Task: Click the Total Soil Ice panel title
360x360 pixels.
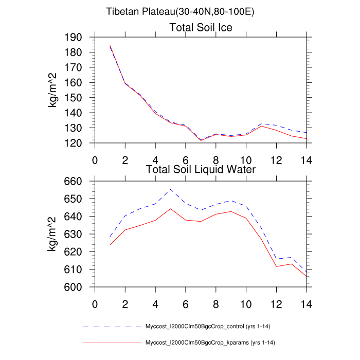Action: pyautogui.click(x=201, y=28)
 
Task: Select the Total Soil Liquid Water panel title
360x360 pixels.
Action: pyautogui.click(x=201, y=169)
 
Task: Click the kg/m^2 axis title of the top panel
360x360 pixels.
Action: pyautogui.click(x=53, y=90)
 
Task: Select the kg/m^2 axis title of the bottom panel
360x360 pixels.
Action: pyautogui.click(x=53, y=234)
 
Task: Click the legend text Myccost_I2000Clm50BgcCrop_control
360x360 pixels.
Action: pyautogui.click(x=206, y=327)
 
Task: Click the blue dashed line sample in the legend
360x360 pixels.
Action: pyautogui.click(x=112, y=327)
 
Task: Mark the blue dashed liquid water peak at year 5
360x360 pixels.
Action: pyautogui.click(x=171, y=189)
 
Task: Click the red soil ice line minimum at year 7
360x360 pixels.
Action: pyautogui.click(x=201, y=140)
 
